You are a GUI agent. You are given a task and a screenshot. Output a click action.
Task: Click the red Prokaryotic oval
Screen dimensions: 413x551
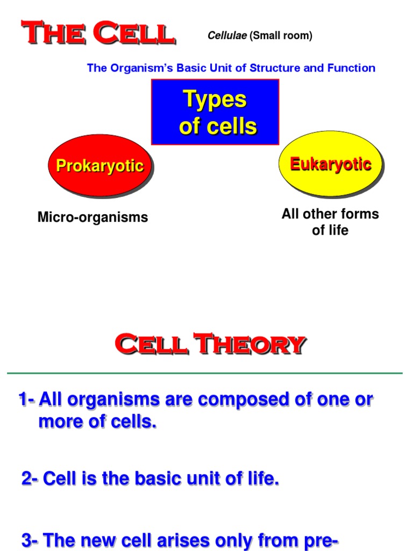coord(100,165)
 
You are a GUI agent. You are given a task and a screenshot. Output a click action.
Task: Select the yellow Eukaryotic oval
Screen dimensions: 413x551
coord(330,164)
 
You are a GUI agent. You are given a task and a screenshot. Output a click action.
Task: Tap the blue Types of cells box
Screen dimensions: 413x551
coord(215,112)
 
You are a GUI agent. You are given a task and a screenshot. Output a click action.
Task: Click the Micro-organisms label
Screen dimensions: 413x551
coord(92,217)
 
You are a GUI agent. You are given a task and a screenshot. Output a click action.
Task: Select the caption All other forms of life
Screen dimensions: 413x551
coord(330,222)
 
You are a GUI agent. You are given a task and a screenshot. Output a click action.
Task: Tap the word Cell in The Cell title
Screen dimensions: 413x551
coord(134,33)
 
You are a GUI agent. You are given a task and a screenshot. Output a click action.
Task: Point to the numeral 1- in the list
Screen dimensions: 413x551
coord(27,400)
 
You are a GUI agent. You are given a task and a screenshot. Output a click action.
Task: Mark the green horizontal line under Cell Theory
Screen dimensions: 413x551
coord(204,372)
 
